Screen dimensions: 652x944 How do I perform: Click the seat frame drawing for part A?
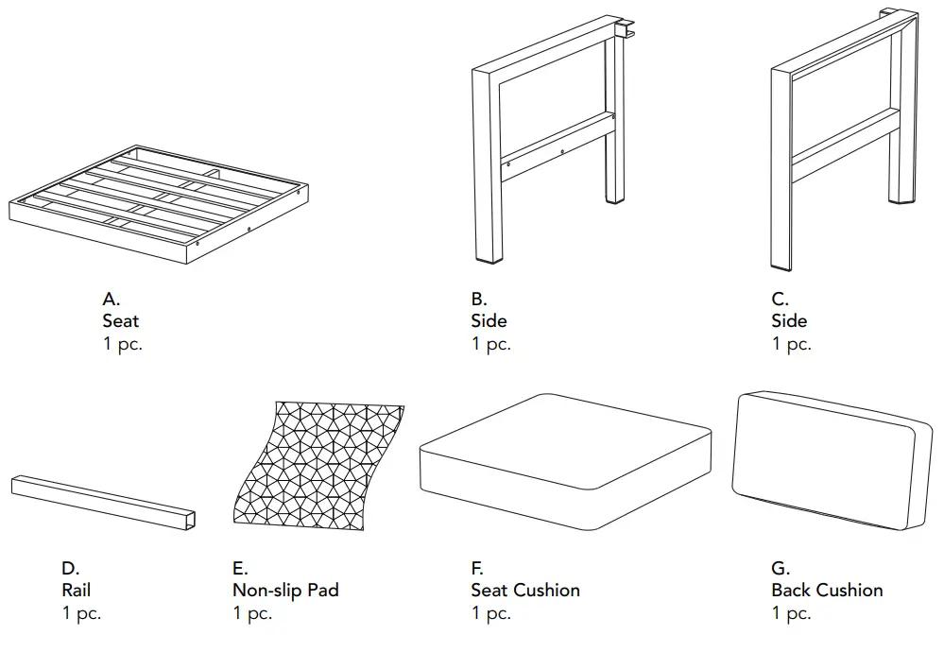coord(158,202)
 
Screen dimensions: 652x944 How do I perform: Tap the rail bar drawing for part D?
coord(105,502)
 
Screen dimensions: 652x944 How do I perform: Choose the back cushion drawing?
coord(832,459)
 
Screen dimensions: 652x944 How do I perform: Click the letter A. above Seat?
coord(112,299)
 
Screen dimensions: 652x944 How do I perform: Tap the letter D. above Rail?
coord(71,568)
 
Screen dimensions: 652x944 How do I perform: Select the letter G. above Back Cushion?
coord(781,568)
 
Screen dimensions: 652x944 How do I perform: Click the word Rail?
coord(77,591)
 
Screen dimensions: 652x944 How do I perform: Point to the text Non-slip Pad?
coord(285,591)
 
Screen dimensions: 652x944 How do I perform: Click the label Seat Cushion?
coord(525,591)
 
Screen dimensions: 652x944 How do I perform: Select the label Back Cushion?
coord(827,591)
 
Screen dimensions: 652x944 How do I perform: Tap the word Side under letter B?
coord(489,321)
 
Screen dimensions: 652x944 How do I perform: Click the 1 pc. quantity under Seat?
coord(123,344)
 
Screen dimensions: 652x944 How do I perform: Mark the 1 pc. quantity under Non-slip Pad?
coord(252,613)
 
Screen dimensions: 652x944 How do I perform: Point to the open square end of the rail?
coord(192,520)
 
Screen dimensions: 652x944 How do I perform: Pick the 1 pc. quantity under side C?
coord(791,344)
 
